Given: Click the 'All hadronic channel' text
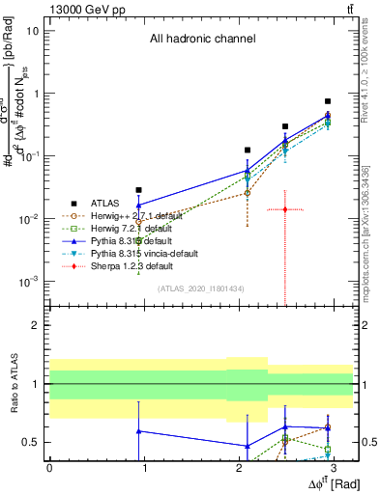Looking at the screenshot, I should coord(202,40).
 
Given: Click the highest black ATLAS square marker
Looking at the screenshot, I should coord(328,101).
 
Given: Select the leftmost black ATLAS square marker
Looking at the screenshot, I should coord(139,190).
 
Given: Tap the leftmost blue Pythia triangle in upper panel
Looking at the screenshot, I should coord(139,205).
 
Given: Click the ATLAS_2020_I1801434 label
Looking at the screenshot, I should coord(200,288).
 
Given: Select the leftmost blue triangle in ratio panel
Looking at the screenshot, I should coord(139,431).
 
